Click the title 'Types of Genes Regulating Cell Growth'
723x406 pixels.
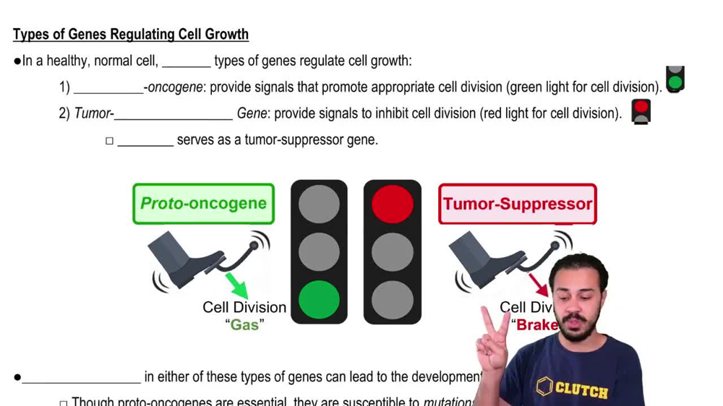pos(131,34)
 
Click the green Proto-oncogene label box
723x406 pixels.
pos(203,204)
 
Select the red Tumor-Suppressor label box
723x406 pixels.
pos(518,204)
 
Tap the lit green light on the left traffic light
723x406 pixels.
pos(319,300)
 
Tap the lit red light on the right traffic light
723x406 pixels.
pos(393,203)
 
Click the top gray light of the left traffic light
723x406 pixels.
pos(319,203)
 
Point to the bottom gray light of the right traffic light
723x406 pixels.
pos(393,300)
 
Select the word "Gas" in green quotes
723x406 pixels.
pos(244,325)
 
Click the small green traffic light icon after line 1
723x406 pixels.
pos(675,79)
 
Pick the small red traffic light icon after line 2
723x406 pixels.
pos(641,111)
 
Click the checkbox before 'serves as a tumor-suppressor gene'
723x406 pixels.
pos(110,141)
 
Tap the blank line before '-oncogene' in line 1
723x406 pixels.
pos(108,88)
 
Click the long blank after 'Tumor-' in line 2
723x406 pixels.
pos(174,114)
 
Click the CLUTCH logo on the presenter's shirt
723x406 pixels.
pos(573,389)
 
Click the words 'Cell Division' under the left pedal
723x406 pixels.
pos(244,307)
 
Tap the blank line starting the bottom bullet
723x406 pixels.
pos(81,378)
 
